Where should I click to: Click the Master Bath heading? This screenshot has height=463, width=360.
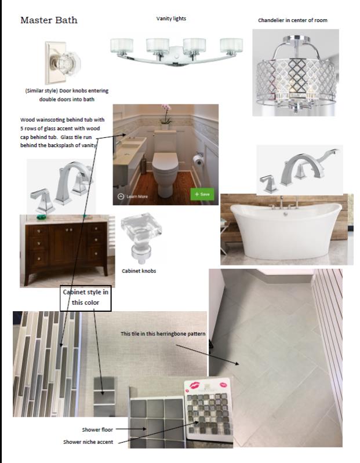click(49, 20)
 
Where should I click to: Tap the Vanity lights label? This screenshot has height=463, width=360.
click(171, 19)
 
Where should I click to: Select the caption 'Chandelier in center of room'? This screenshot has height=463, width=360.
click(293, 20)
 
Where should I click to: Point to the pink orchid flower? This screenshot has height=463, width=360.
click(166, 107)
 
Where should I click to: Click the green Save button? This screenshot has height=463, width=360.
click(202, 194)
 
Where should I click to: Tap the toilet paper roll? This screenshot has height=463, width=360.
click(198, 160)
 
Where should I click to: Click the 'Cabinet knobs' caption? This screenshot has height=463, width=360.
click(139, 271)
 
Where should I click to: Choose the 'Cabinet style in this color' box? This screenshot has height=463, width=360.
click(86, 298)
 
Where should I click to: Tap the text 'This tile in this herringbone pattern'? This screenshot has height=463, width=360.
click(163, 334)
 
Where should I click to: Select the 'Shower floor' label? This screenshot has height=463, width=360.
click(97, 429)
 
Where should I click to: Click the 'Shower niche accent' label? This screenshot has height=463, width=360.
click(88, 442)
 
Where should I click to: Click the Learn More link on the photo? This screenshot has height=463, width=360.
click(133, 196)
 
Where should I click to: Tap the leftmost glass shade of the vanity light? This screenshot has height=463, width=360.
click(122, 46)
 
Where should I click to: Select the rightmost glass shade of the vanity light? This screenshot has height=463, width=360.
click(231, 45)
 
